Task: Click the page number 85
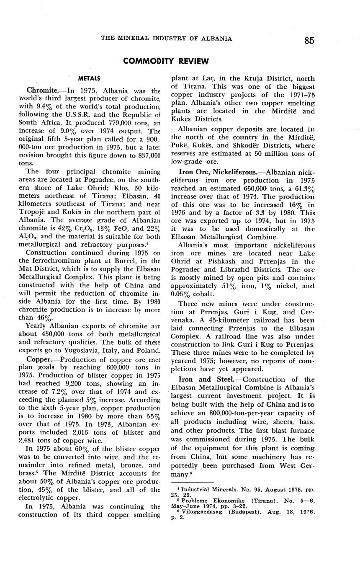point(310,40)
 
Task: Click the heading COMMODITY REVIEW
point(166,61)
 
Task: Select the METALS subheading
point(89,78)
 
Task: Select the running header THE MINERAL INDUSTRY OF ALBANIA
point(166,39)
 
